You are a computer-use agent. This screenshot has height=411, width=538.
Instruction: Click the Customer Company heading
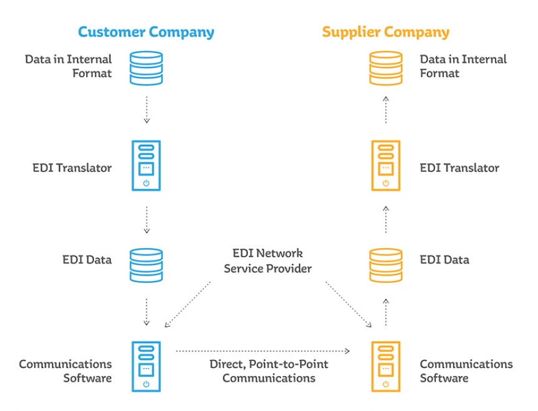145,32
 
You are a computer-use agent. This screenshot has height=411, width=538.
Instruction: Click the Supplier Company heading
385,32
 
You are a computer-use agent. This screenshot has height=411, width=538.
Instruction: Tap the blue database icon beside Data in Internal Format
147,67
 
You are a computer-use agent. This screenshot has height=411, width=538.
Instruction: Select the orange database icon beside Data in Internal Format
386,67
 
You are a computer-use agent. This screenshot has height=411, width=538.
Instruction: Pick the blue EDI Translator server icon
147,166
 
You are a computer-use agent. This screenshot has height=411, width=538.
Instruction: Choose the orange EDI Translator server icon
386,166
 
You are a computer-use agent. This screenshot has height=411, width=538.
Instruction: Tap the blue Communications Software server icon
147,366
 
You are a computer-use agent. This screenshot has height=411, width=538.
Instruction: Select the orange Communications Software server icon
386,366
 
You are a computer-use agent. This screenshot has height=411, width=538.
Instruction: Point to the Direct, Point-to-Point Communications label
269,371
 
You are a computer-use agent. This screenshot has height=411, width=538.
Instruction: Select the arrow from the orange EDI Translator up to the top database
386,109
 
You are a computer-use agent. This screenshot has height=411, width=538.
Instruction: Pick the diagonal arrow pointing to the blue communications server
187,304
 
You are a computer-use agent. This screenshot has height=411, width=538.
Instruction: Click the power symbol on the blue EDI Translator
147,183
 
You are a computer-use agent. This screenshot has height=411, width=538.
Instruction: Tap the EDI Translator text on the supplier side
459,167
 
